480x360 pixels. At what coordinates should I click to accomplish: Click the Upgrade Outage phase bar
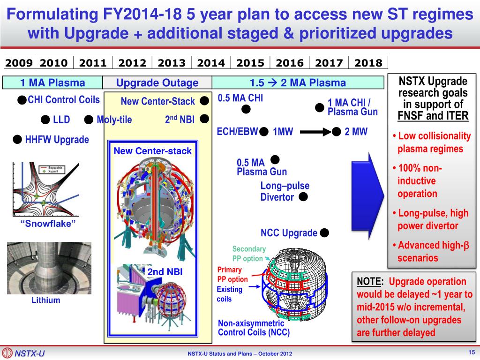click(157, 83)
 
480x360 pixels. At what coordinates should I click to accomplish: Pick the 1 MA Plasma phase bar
click(52, 83)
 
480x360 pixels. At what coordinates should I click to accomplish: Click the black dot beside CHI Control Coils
click(22, 100)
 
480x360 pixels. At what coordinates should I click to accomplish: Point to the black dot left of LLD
click(45, 120)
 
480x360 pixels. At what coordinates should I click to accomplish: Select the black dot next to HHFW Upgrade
click(17, 139)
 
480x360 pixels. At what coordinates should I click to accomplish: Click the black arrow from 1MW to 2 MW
click(315, 132)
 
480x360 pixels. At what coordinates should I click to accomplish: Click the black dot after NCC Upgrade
click(325, 232)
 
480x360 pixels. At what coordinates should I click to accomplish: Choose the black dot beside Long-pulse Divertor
click(303, 197)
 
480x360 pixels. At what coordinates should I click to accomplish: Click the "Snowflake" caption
click(48, 224)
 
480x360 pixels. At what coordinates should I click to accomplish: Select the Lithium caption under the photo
click(46, 300)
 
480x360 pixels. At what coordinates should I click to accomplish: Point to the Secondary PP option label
click(248, 254)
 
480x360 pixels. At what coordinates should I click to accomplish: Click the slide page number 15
click(471, 352)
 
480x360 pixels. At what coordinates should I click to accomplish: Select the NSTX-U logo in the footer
click(23, 353)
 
